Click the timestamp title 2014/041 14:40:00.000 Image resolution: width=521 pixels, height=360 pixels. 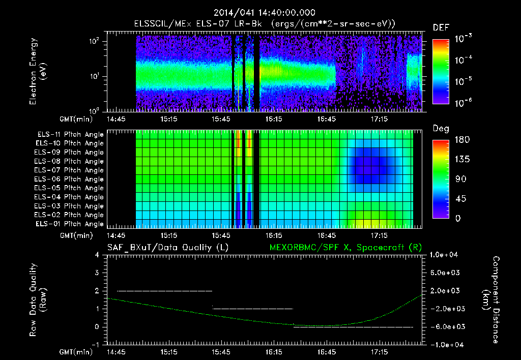click(264, 13)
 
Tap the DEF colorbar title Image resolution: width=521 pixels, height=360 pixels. click(441, 28)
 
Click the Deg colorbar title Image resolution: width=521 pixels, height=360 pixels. click(441, 129)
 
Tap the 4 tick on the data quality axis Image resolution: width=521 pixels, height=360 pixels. click(97, 255)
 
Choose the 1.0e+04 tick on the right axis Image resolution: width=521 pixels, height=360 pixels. click(445, 255)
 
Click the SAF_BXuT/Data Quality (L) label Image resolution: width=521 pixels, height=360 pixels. click(167, 247)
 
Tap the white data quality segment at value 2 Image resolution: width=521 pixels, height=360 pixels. click(164, 291)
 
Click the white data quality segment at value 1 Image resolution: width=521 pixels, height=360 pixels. click(253, 309)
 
